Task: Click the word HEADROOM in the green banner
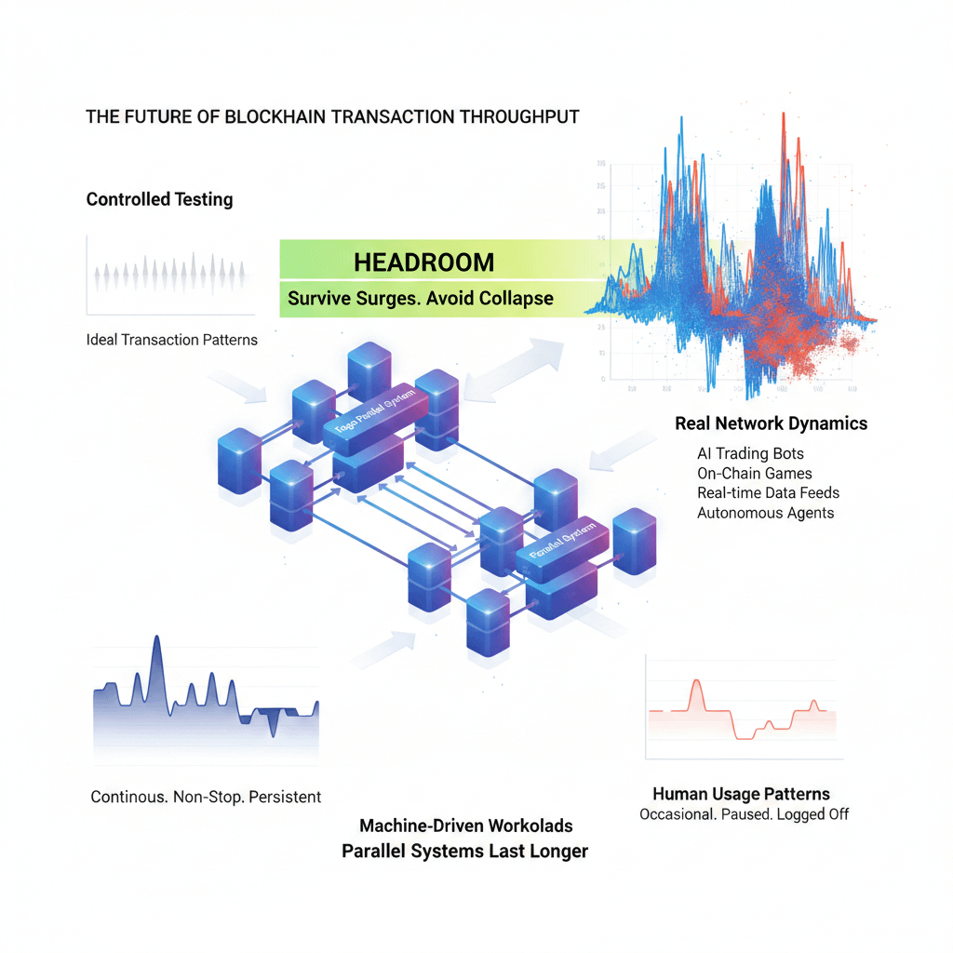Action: pos(423,262)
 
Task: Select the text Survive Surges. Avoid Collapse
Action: pos(421,299)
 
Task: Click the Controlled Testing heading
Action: pos(159,199)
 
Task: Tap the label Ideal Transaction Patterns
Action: pos(171,340)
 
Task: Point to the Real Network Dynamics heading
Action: pos(771,423)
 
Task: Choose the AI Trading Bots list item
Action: pos(751,454)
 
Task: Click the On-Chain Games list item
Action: pos(754,474)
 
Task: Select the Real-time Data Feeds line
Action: pos(769,493)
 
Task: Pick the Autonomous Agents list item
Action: pos(765,513)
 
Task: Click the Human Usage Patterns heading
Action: pos(741,794)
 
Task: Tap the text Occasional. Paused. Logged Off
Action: pos(744,814)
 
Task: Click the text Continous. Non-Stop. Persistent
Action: pos(206,797)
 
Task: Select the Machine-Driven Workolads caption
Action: pos(465,825)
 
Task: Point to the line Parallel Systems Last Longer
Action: pos(464,851)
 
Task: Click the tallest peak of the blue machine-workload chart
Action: pos(156,638)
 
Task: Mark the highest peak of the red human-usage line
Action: pos(694,682)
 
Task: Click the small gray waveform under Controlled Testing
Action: pos(173,274)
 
